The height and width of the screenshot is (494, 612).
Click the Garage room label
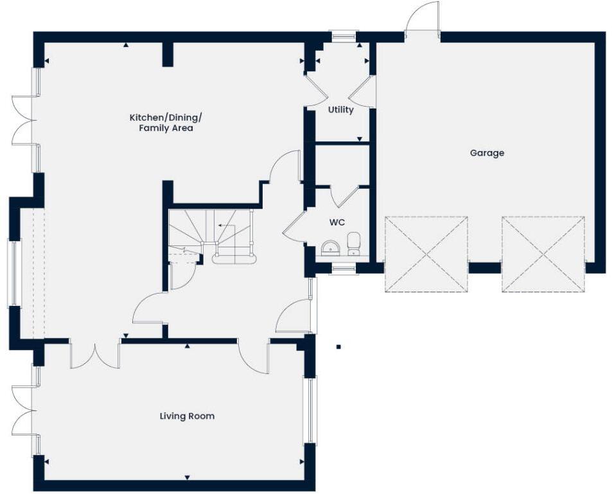click(487, 153)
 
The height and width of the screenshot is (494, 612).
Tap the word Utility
click(340, 110)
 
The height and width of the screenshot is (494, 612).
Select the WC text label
click(337, 222)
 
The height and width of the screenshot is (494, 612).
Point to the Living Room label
click(187, 416)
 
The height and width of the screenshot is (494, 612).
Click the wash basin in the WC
click(329, 247)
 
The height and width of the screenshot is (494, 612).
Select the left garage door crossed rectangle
click(426, 254)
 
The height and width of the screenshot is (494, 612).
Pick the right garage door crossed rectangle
click(543, 254)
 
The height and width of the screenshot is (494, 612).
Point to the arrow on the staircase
click(224, 225)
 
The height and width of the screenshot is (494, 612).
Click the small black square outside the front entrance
click(338, 347)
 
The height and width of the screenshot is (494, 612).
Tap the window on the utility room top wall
click(343, 36)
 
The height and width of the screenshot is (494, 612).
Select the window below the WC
click(344, 269)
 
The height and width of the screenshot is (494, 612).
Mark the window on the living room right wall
click(310, 411)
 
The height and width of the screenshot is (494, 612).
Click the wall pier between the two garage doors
click(484, 267)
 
